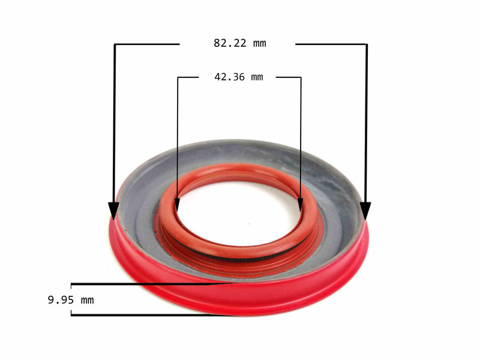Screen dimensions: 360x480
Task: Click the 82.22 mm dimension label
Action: tap(239, 43)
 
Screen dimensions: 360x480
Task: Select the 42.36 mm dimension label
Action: tap(238, 77)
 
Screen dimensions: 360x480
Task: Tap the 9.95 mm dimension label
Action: tap(70, 299)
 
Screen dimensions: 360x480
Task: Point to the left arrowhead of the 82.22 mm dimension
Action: tap(113, 211)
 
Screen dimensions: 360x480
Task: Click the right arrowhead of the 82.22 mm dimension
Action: tap(365, 211)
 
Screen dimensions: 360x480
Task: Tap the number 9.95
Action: tap(59, 299)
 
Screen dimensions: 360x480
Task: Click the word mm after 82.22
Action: tap(259, 43)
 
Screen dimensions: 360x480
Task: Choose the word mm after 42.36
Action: tap(257, 77)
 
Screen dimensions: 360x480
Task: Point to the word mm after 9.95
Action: tap(87, 299)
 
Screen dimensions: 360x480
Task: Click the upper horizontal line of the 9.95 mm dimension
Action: tap(150, 284)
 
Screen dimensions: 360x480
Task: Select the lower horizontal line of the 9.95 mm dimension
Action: tap(150, 316)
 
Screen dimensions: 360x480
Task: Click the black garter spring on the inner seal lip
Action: tap(240, 257)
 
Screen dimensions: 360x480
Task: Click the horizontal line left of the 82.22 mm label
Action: tap(147, 44)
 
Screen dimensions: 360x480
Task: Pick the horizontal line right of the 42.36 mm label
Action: tap(289, 77)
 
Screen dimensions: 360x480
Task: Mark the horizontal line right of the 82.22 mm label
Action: tap(330, 44)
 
